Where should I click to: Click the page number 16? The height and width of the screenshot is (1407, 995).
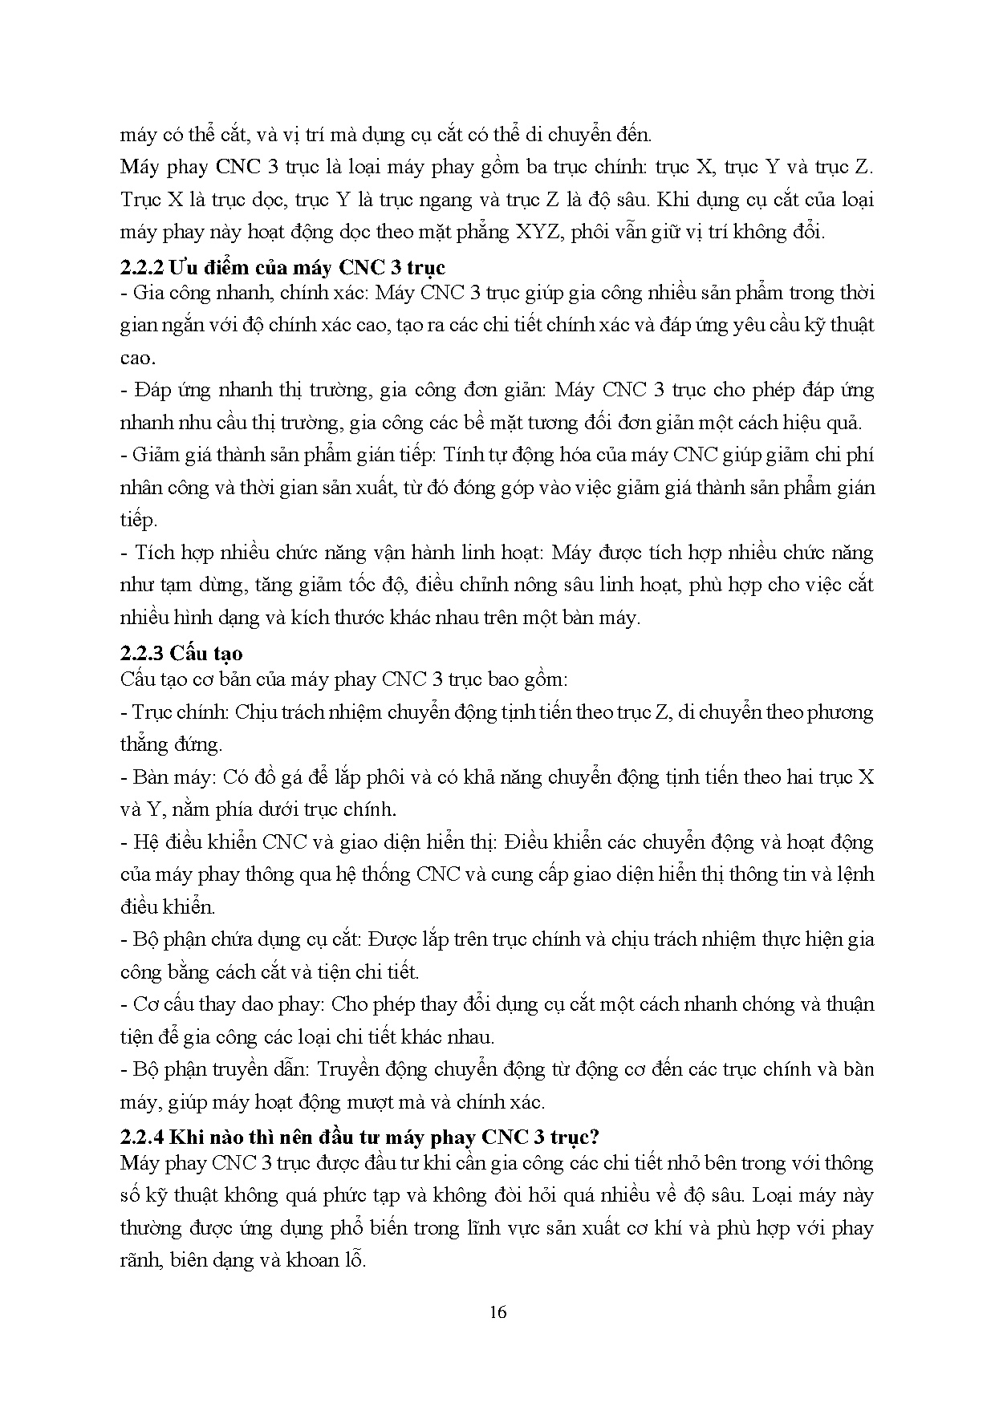point(497,1312)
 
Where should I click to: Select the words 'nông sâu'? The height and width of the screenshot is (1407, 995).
point(553,585)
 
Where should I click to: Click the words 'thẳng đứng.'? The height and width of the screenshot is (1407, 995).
point(171,744)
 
